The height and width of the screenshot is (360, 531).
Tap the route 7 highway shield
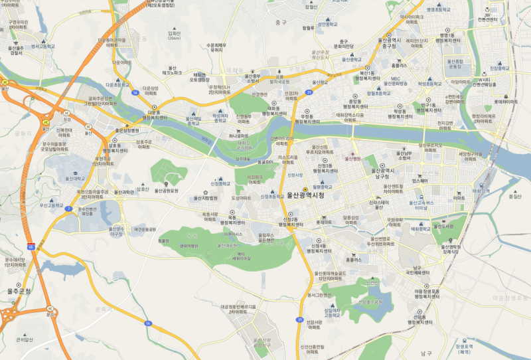[x=68, y=209]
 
